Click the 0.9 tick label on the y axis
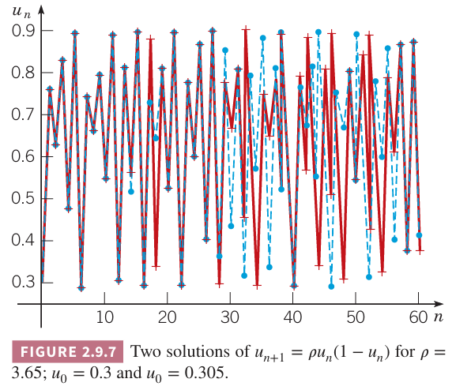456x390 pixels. (23, 31)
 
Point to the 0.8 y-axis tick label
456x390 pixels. (23, 73)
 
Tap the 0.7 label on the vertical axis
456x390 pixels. (23, 114)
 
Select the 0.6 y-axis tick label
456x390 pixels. (23, 156)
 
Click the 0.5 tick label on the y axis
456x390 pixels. (23, 198)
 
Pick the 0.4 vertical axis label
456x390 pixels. (23, 240)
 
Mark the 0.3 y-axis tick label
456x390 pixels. (23, 282)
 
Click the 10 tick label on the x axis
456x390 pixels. (104, 317)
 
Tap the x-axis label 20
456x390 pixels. (168, 317)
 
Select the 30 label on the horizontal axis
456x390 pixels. (230, 317)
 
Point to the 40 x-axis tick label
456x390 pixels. (293, 317)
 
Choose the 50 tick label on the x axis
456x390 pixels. (356, 317)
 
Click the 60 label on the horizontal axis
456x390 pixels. (419, 317)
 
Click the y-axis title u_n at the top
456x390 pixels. (21, 12)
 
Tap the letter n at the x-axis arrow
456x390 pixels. (439, 317)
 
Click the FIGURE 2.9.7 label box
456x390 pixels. (68, 351)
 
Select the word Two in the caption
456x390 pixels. (145, 351)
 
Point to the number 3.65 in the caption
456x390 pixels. (28, 373)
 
